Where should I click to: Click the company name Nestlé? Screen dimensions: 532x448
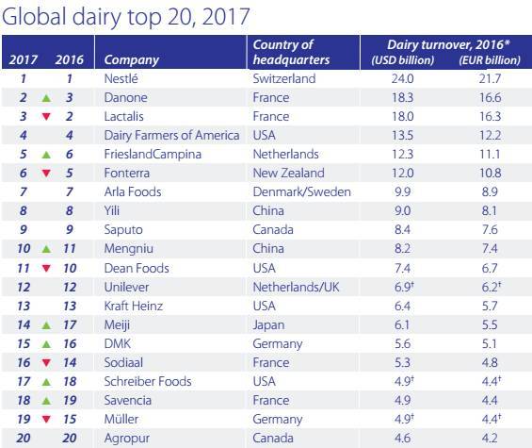(121, 78)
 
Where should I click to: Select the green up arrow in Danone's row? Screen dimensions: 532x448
(46, 99)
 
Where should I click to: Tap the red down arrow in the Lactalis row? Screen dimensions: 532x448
(46, 117)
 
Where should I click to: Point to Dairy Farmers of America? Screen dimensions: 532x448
(171, 135)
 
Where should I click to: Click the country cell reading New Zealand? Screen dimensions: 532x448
(288, 173)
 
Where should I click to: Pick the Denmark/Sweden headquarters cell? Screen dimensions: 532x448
(301, 191)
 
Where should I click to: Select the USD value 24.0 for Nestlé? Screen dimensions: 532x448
(402, 79)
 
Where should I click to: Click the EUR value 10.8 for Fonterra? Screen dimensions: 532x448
(490, 173)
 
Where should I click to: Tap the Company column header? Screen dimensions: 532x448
(132, 60)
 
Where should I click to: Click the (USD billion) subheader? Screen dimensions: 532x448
(402, 60)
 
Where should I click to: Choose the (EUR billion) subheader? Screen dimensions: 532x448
(490, 60)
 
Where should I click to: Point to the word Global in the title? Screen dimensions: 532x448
(34, 16)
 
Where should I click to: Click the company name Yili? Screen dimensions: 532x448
(112, 210)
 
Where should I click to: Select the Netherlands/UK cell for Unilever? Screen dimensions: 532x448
(296, 288)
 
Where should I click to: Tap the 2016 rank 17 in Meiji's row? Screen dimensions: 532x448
(70, 325)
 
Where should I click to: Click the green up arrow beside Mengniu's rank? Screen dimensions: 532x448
(46, 249)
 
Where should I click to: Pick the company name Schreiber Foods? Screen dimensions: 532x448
(148, 381)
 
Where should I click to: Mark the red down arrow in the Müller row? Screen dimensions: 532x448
(46, 419)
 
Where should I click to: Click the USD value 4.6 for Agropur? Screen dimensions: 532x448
(402, 438)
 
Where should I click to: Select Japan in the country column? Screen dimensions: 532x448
(268, 325)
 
